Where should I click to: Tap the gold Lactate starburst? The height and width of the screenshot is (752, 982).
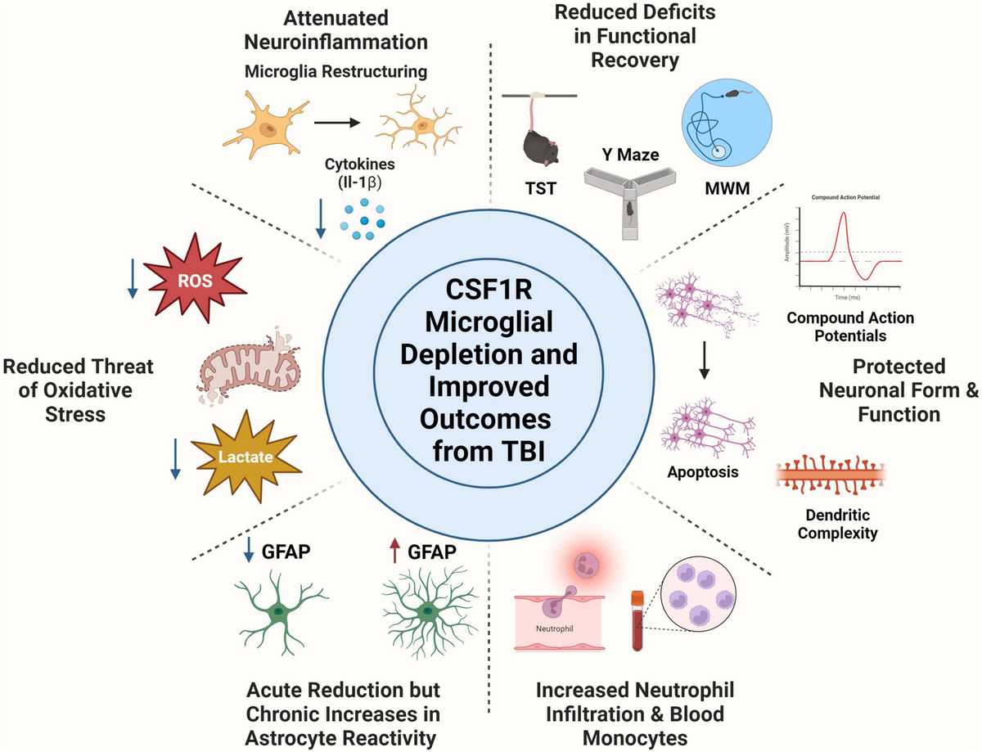click(245, 457)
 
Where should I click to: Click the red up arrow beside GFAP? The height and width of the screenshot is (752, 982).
click(395, 553)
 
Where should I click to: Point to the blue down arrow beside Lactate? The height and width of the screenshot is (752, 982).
click(175, 459)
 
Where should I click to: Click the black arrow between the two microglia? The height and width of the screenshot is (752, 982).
click(337, 123)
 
